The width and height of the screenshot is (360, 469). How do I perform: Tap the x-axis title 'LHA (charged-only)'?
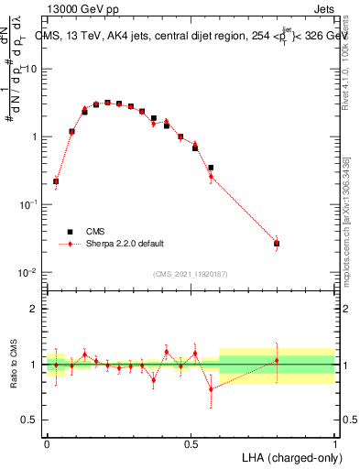click(292, 456)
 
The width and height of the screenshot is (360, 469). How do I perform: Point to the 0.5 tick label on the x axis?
click(191, 443)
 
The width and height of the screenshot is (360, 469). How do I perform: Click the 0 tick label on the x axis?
click(47, 443)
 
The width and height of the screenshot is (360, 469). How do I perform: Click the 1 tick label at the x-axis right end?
click(335, 443)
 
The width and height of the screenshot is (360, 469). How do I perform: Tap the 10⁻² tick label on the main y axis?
click(28, 272)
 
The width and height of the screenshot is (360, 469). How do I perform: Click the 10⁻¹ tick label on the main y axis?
click(28, 204)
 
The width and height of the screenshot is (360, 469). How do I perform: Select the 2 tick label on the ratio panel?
click(36, 309)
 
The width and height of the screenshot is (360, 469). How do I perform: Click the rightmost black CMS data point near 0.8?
click(277, 243)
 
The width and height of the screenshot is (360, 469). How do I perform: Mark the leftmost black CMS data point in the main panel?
click(56, 181)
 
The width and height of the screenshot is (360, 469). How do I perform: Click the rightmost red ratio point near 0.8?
click(277, 360)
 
